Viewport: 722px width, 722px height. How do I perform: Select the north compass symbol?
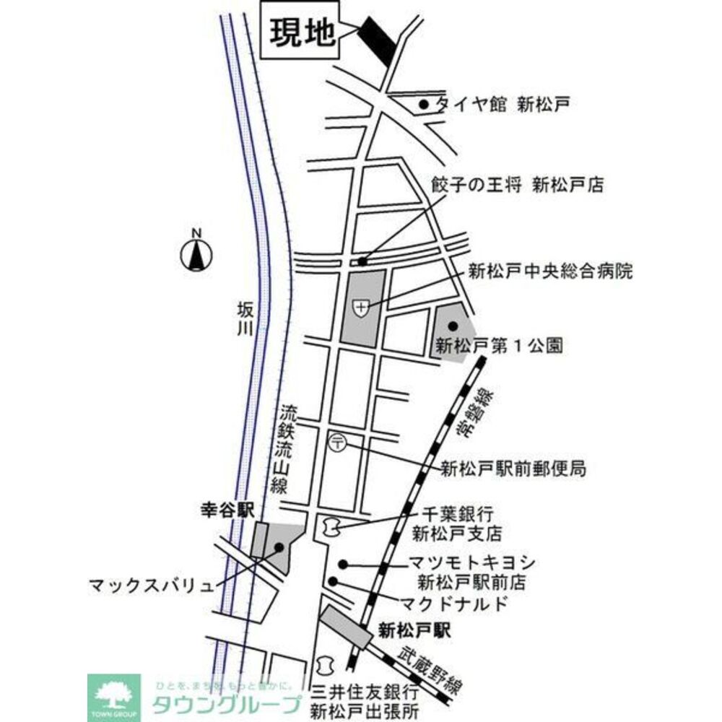[x=196, y=253]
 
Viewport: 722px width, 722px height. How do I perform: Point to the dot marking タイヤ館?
[x=425, y=105]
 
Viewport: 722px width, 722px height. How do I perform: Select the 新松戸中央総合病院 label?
[x=549, y=272]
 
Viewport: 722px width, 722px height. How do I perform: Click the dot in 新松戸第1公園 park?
[x=453, y=327]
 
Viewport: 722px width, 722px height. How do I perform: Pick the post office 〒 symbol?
[x=337, y=442]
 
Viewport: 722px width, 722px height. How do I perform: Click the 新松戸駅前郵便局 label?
[x=513, y=469]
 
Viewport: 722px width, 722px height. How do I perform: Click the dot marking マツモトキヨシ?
[x=344, y=564]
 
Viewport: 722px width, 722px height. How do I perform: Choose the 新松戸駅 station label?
[x=414, y=631]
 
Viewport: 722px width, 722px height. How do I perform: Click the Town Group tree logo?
[x=114, y=695]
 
